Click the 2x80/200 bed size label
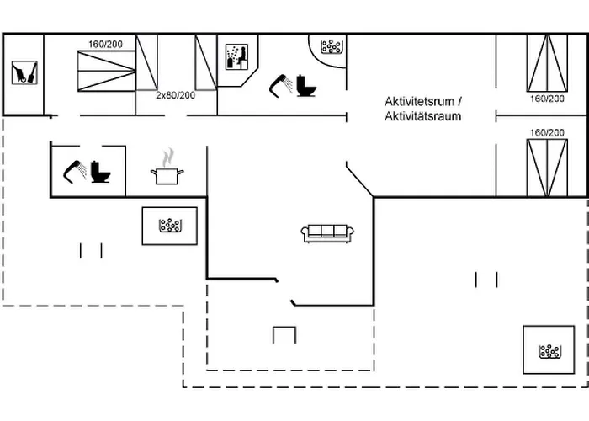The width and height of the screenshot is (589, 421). click(175, 95)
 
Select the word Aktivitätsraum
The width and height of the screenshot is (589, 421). click(422, 116)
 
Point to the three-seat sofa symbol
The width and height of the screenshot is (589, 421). click(328, 232)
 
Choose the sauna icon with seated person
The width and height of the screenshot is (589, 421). click(235, 57)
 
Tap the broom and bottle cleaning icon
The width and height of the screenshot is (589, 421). click(23, 72)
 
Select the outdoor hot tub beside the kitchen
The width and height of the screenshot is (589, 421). click(172, 226)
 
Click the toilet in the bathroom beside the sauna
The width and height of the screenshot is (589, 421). click(305, 85)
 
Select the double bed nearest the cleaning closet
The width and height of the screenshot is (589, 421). click(106, 71)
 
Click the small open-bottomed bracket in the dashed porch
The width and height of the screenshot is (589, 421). click(284, 334)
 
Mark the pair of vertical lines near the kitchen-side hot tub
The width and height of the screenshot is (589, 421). click(91, 250)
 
